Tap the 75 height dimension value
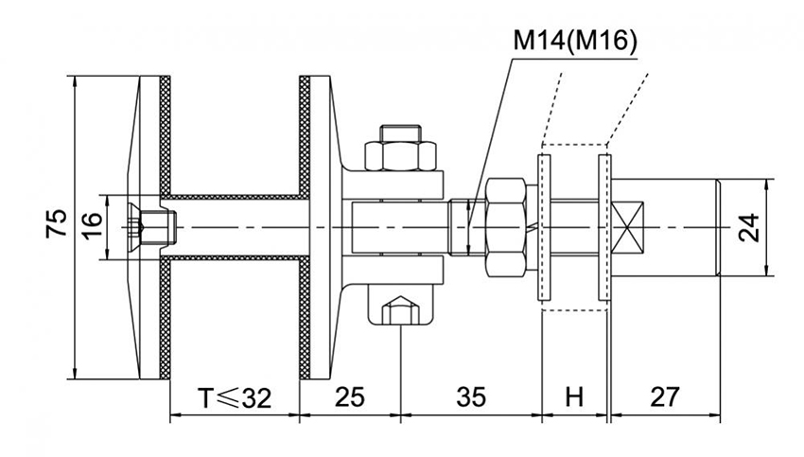(57, 224)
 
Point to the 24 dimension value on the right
(749, 227)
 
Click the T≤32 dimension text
(233, 397)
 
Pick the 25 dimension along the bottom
(349, 397)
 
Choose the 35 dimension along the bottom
(470, 397)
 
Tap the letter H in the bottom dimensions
(574, 397)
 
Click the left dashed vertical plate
(544, 225)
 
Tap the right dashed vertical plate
(603, 225)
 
